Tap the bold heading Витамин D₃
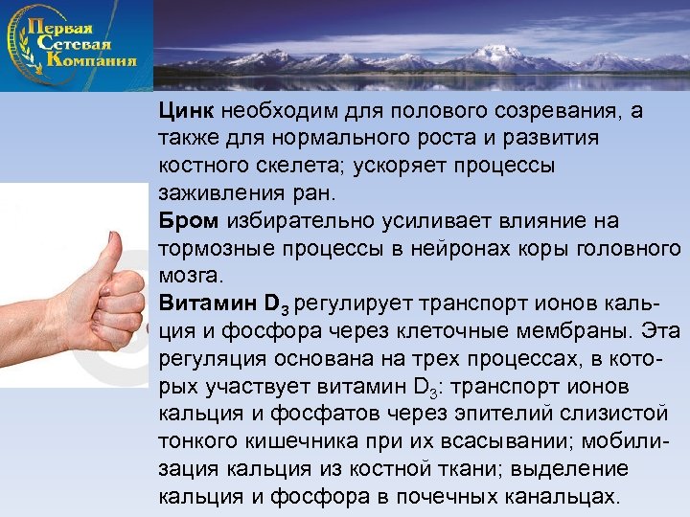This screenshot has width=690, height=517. pos(224,304)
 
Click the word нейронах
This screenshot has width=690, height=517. pos(436,249)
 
